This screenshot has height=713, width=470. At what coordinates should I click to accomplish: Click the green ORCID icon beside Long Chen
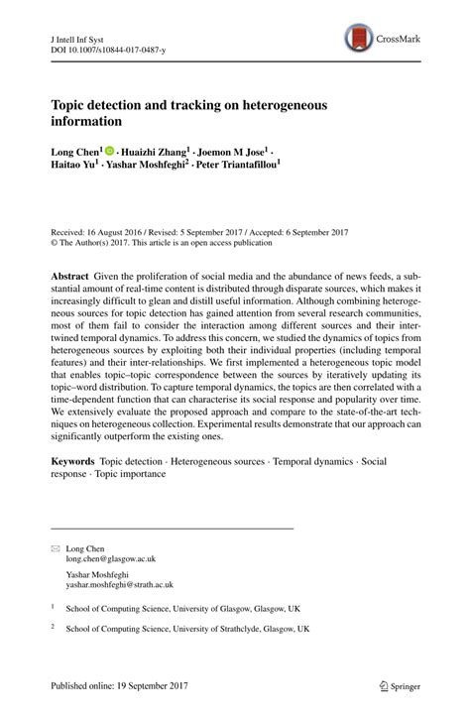click(x=124, y=152)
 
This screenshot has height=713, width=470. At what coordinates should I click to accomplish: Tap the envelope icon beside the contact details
click(x=56, y=547)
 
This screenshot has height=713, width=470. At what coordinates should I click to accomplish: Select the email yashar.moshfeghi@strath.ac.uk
click(x=125, y=585)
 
